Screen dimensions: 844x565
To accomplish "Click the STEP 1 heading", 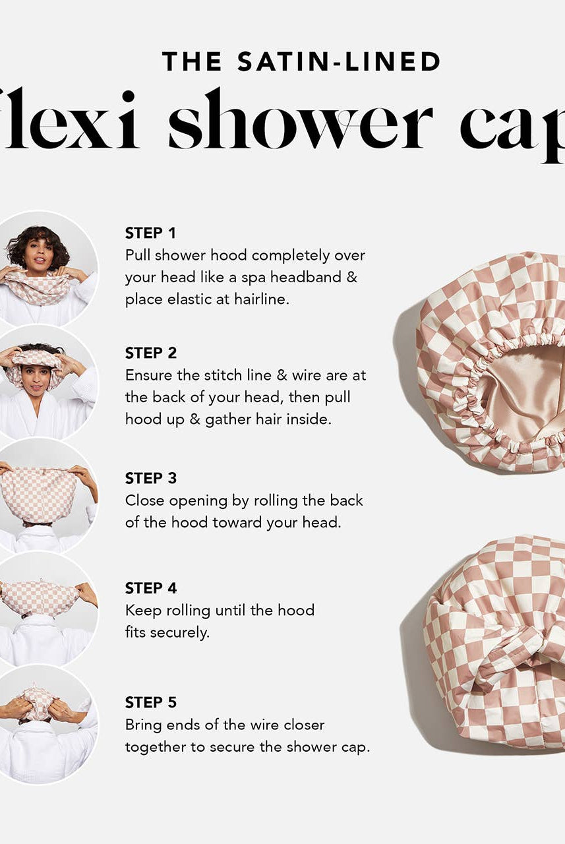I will [150, 233].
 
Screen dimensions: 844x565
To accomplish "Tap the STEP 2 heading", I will [151, 353].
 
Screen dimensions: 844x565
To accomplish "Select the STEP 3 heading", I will [151, 478].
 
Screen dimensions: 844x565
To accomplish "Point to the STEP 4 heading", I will [151, 588].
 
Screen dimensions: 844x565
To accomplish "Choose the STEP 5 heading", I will [151, 702].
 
